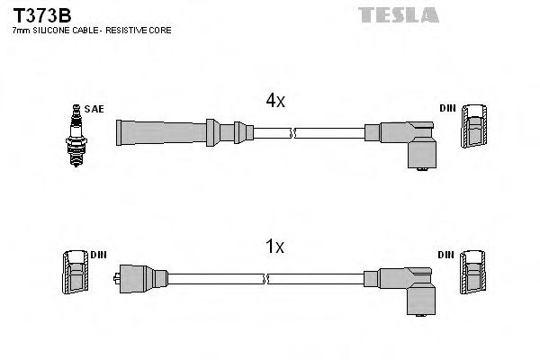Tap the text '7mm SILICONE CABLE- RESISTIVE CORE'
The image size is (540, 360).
pos(90,31)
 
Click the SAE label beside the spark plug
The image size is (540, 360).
pos(95,109)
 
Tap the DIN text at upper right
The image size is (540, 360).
pos(448,109)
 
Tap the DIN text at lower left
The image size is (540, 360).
pos(98,255)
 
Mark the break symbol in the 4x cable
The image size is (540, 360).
pos(292,133)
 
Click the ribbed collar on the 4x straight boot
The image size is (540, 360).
pos(211,132)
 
